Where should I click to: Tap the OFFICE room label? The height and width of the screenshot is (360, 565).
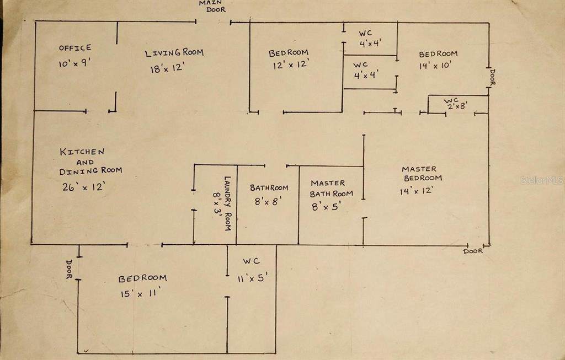[x=75, y=48]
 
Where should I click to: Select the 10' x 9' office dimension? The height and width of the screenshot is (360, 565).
[x=74, y=63]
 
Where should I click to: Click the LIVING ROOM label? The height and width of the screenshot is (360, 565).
[x=174, y=53]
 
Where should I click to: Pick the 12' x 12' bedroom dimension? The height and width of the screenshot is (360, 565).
[x=289, y=65]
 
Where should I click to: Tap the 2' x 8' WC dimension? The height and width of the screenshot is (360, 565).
[x=457, y=106]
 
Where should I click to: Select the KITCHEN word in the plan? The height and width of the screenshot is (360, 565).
[x=82, y=152]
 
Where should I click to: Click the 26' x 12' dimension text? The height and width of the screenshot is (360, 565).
[x=84, y=186]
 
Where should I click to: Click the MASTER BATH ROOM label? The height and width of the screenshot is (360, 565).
[x=331, y=188]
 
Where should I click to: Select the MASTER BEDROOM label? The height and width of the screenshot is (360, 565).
[x=422, y=173]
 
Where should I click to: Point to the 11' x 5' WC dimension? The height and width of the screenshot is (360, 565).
[x=252, y=278]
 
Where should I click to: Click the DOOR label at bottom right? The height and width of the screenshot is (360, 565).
[x=473, y=251]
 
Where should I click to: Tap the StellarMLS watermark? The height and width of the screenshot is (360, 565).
[x=543, y=180]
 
